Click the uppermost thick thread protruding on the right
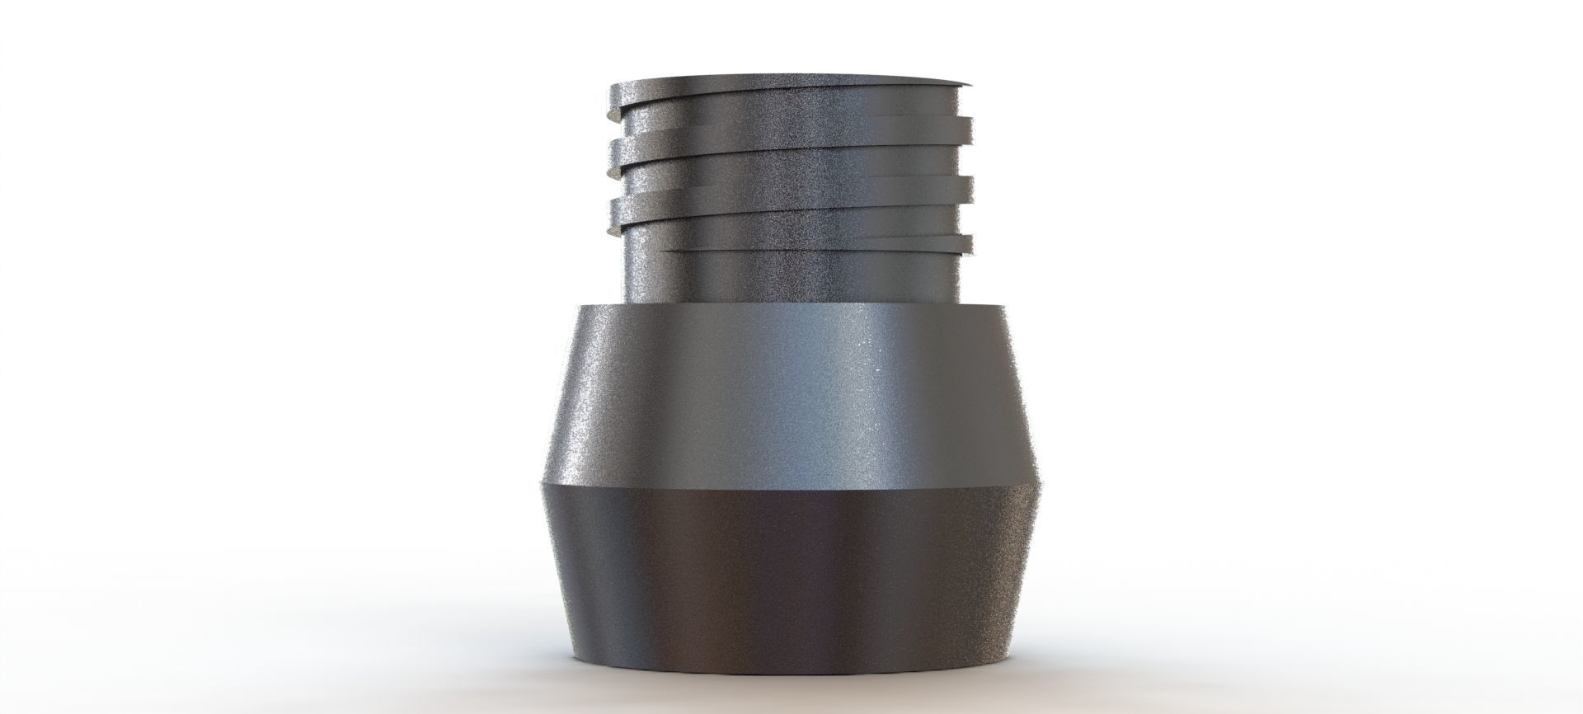(965, 128)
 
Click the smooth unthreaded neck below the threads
(791, 276)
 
